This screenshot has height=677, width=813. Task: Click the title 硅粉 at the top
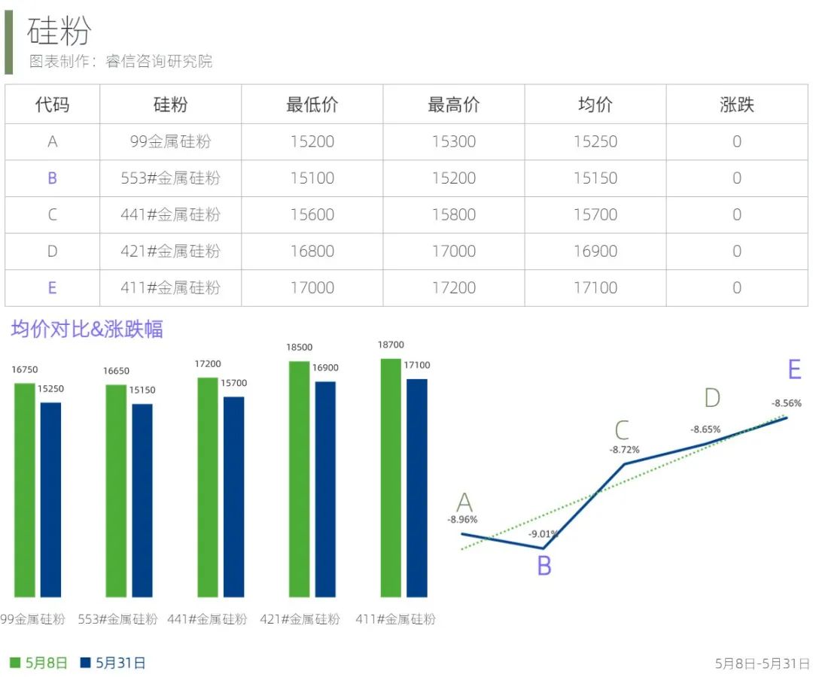coord(59,31)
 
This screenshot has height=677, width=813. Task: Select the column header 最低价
coord(312,105)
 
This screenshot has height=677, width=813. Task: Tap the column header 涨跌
coord(736,105)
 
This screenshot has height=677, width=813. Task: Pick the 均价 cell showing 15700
coord(595,214)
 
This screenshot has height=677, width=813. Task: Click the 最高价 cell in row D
coord(453,251)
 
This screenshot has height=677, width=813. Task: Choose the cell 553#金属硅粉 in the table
coord(170,178)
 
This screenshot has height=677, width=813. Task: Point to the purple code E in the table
coord(52,287)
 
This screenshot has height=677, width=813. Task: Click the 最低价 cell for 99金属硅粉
coord(312,141)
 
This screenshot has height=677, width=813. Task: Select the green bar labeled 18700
coord(391,478)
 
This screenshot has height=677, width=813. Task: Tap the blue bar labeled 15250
coord(50,499)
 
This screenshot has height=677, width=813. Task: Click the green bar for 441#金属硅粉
coord(208,487)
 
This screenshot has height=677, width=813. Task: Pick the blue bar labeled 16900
coord(325,489)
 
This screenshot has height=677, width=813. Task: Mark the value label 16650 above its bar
coord(116,371)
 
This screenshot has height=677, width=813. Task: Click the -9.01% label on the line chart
coord(543,534)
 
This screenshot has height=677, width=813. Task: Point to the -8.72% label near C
coord(624,450)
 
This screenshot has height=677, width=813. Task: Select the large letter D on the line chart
coord(711,399)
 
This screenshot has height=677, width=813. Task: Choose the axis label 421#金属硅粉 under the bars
coord(300,619)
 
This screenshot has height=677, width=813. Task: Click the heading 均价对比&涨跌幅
coord(87,329)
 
